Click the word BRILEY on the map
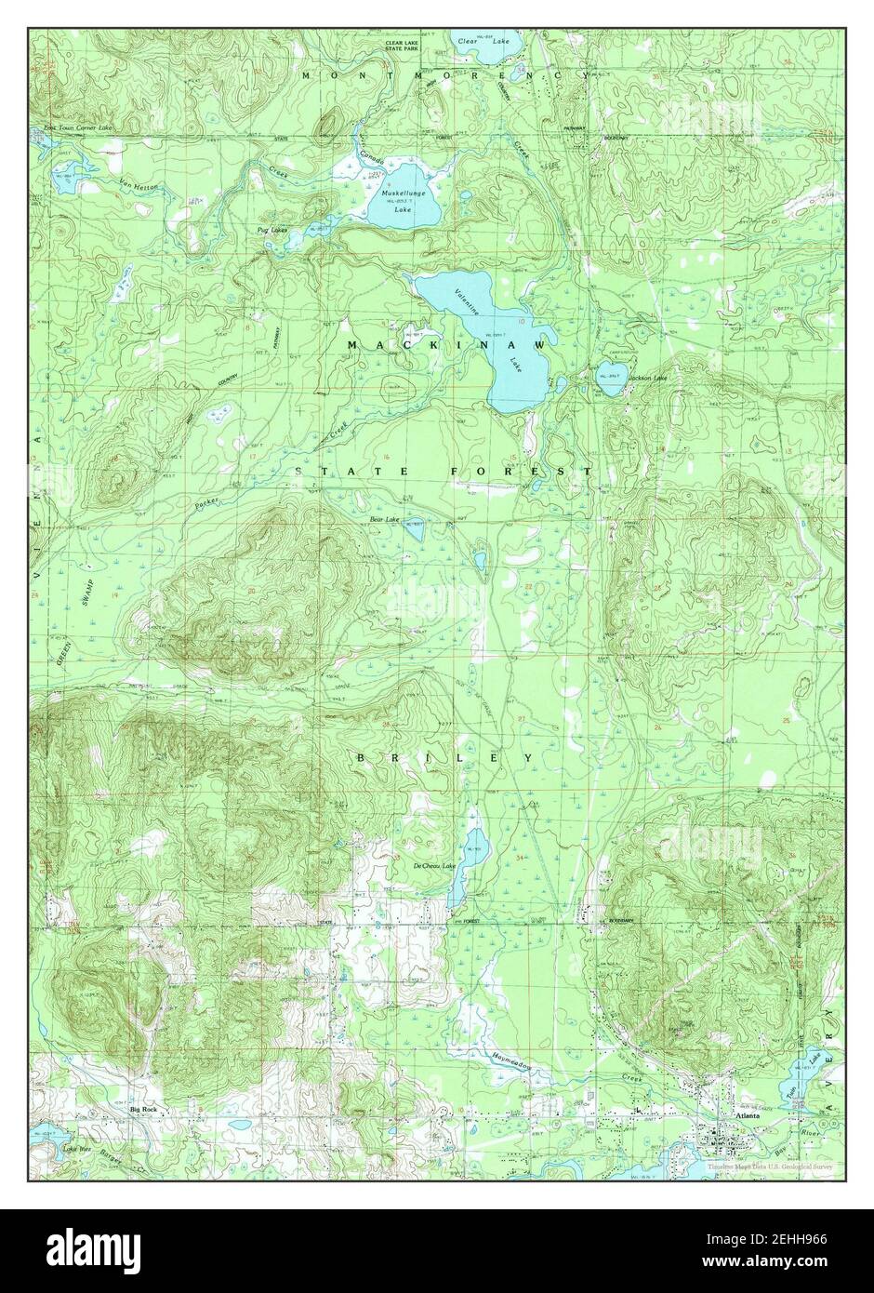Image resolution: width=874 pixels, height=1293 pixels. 444,758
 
